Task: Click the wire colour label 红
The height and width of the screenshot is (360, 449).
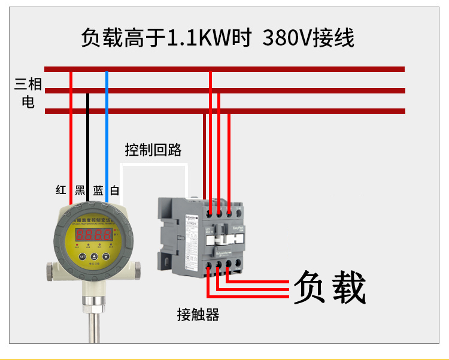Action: (61, 190)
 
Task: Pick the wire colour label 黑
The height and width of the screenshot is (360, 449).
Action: (80, 190)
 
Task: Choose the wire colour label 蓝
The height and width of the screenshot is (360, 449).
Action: (98, 190)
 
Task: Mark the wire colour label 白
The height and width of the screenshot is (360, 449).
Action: (115, 190)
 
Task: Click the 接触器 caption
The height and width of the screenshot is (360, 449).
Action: (198, 314)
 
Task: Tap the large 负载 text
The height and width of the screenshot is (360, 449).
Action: (329, 287)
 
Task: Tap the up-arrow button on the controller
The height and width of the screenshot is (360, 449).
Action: (94, 256)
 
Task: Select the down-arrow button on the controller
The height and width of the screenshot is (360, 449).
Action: (105, 256)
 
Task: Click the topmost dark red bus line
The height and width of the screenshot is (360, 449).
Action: (224, 69)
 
